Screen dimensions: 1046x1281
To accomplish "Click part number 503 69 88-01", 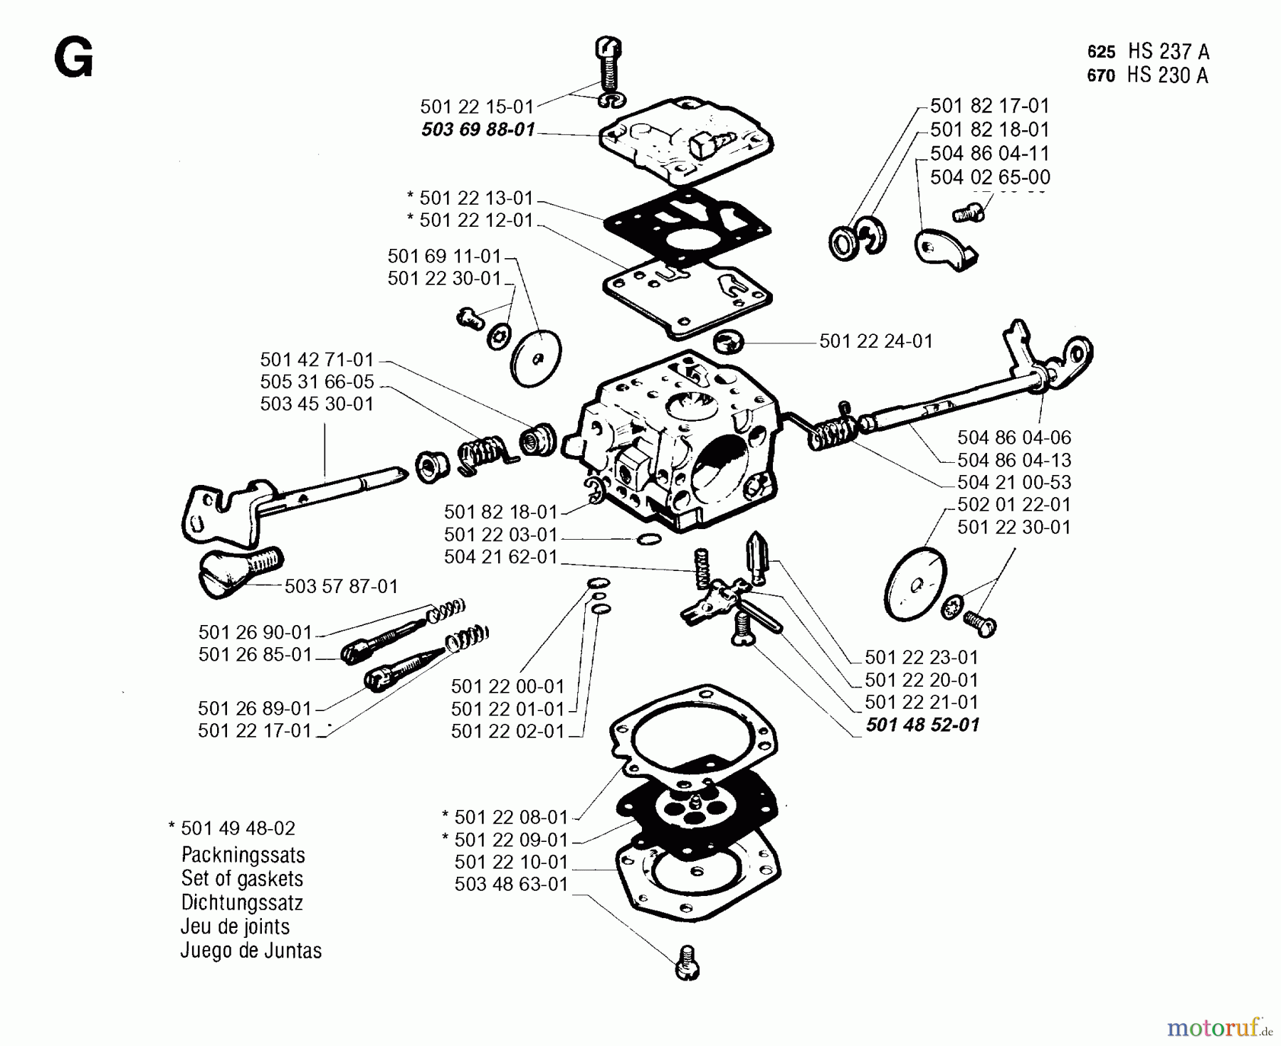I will coord(478,130).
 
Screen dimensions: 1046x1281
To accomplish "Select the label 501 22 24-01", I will coord(875,341).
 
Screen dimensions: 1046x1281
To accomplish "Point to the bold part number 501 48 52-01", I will coord(922,725).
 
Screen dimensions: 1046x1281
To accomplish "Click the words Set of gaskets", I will coord(242,879).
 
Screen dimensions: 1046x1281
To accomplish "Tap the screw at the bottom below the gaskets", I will coord(687,964).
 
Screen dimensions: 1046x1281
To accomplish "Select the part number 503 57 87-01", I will coord(341,587).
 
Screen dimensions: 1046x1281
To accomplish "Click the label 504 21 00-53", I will coord(1013,482).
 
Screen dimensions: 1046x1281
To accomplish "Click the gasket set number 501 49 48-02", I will coord(238,828).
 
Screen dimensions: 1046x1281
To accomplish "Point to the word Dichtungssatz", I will coord(242,903).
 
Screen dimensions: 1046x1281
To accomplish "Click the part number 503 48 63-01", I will coord(511,885).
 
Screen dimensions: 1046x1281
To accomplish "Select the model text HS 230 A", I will coord(1167,75).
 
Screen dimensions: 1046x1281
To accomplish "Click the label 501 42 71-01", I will coord(317,359).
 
